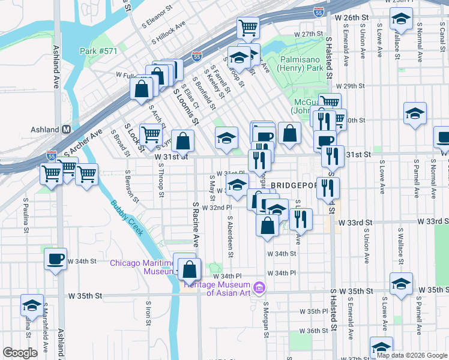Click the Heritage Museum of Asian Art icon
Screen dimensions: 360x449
[x=259, y=288]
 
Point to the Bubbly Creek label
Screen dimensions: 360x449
[x=127, y=217]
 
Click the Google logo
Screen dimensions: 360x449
[x=20, y=353]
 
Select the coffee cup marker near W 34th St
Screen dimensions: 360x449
[x=56, y=259]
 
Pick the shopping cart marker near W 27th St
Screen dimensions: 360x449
[x=247, y=28]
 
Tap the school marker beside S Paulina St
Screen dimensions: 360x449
[x=32, y=305]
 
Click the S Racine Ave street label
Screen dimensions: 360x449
[x=196, y=224]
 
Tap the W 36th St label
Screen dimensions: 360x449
[x=318, y=331]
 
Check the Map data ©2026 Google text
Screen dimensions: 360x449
[x=411, y=355]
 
